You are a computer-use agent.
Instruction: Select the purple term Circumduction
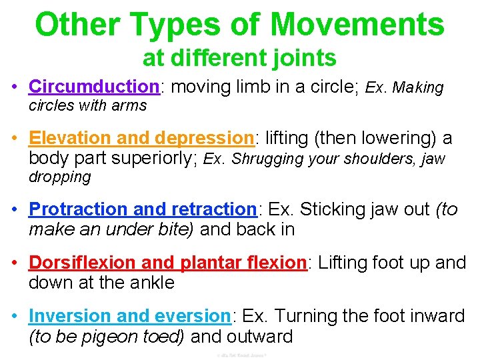pos(92,87)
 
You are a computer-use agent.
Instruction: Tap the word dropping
pos(59,177)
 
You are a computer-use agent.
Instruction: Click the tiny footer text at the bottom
pos(241,355)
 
